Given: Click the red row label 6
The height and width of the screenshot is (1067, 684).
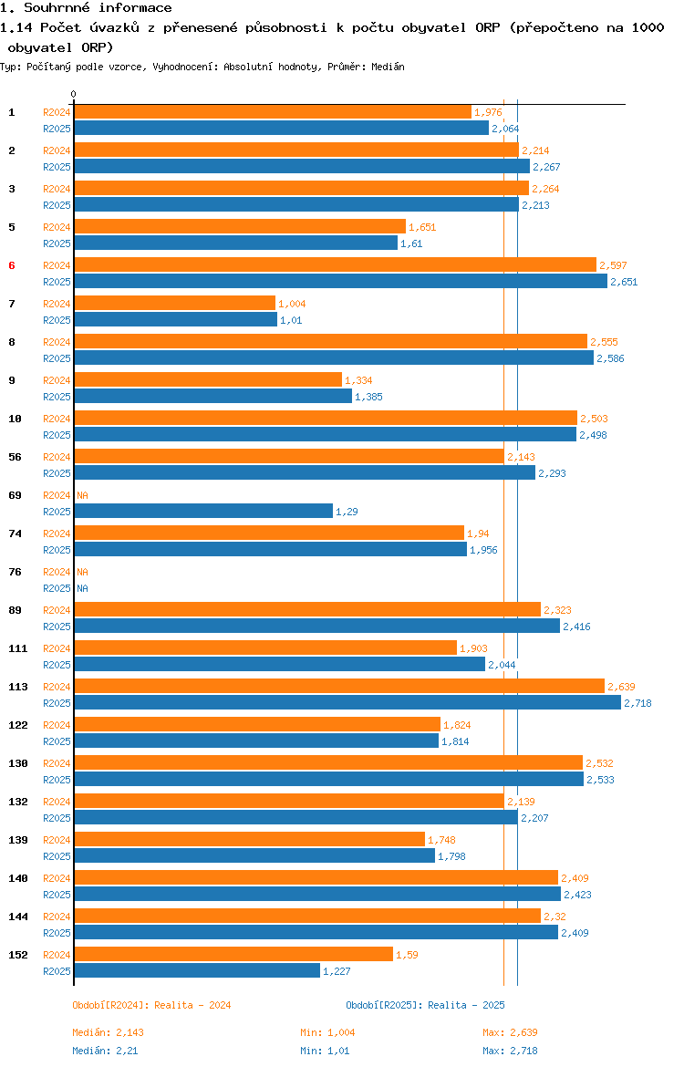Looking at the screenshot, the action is pos(12,265).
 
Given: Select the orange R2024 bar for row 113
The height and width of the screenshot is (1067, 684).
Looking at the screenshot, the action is pos(339,687).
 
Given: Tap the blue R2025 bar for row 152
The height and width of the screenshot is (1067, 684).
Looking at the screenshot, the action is pos(197,971).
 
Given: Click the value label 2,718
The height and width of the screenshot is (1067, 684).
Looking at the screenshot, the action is pos(637,704).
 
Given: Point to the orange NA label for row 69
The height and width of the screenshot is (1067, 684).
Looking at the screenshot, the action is pos(82,495).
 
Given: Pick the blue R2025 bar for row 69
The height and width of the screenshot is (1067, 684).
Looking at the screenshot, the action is pos(203,512).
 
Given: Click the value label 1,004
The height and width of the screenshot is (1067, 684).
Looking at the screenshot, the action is pos(292,305).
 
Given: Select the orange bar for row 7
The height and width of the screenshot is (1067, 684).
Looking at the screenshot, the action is pos(175,304).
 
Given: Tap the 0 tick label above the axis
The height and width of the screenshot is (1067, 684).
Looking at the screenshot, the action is pos(74,95).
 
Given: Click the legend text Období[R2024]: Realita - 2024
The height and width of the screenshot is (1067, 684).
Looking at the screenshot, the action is pos(151,1005).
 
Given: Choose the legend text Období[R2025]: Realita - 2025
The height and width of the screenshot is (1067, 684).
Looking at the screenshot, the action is pos(425,1005).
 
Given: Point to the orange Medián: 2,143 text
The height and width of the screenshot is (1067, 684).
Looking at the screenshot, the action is pos(109,1032).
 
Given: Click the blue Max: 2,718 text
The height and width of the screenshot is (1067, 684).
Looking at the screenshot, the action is pos(510,1051).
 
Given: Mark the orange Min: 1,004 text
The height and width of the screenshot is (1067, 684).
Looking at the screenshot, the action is pos(327,1032).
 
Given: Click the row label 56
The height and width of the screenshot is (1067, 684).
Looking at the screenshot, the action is pos(15,457).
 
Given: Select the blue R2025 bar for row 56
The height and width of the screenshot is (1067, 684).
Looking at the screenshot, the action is pos(305,473).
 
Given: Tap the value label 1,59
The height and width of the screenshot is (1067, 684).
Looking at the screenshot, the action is pos(407,956).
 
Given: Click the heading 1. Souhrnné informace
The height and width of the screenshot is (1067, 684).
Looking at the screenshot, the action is pos(87,8).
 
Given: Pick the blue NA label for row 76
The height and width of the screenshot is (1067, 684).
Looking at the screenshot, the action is pos(82,588).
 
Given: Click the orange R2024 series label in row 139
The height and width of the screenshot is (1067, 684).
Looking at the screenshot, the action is pos(57,841).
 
